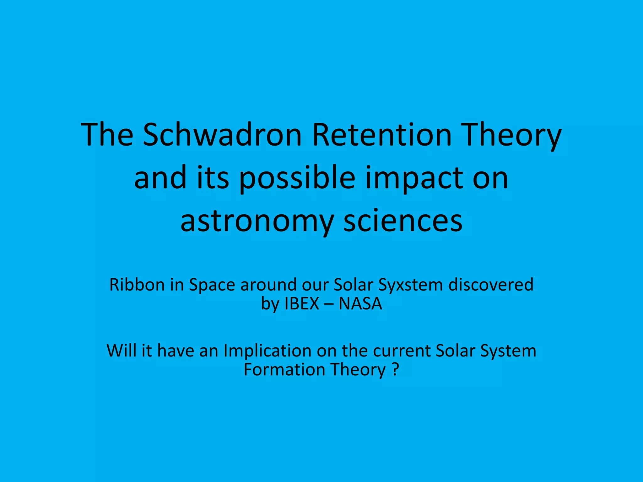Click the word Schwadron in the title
coord(222,135)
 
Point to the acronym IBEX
coord(302,304)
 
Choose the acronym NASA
coord(360,304)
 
